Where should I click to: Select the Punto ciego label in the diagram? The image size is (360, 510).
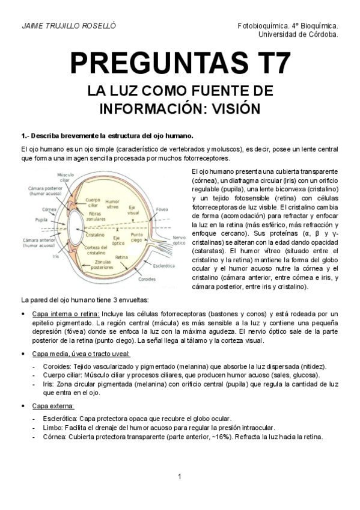pyautogui.click(x=136, y=236)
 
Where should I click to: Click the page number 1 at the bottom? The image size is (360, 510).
pyautogui.click(x=179, y=477)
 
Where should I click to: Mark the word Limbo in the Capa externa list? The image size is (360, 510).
pyautogui.click(x=52, y=428)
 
